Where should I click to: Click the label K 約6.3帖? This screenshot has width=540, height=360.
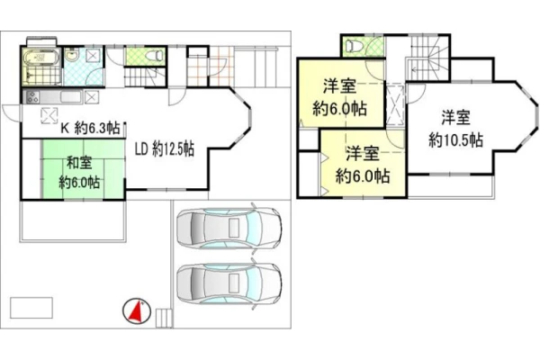(90, 129)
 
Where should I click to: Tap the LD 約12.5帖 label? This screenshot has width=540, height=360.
(165, 149)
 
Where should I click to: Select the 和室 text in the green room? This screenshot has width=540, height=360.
(79, 163)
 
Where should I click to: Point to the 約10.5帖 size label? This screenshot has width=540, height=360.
(455, 140)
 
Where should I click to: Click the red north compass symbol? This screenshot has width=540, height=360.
(137, 311)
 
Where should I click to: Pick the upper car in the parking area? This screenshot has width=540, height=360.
(229, 228)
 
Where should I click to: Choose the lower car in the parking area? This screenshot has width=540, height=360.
(229, 284)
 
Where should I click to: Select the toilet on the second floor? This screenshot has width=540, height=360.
(355, 46)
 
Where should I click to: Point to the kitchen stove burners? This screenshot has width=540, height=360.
(31, 96)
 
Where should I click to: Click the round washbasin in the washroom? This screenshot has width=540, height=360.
(72, 56)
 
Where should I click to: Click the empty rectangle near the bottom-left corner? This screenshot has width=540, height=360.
(31, 308)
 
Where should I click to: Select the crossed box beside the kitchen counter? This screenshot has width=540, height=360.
(91, 97)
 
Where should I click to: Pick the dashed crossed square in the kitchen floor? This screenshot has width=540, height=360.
(49, 115)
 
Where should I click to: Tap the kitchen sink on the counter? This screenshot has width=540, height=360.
(71, 97)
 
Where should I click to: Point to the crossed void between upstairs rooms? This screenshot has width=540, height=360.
(394, 104)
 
